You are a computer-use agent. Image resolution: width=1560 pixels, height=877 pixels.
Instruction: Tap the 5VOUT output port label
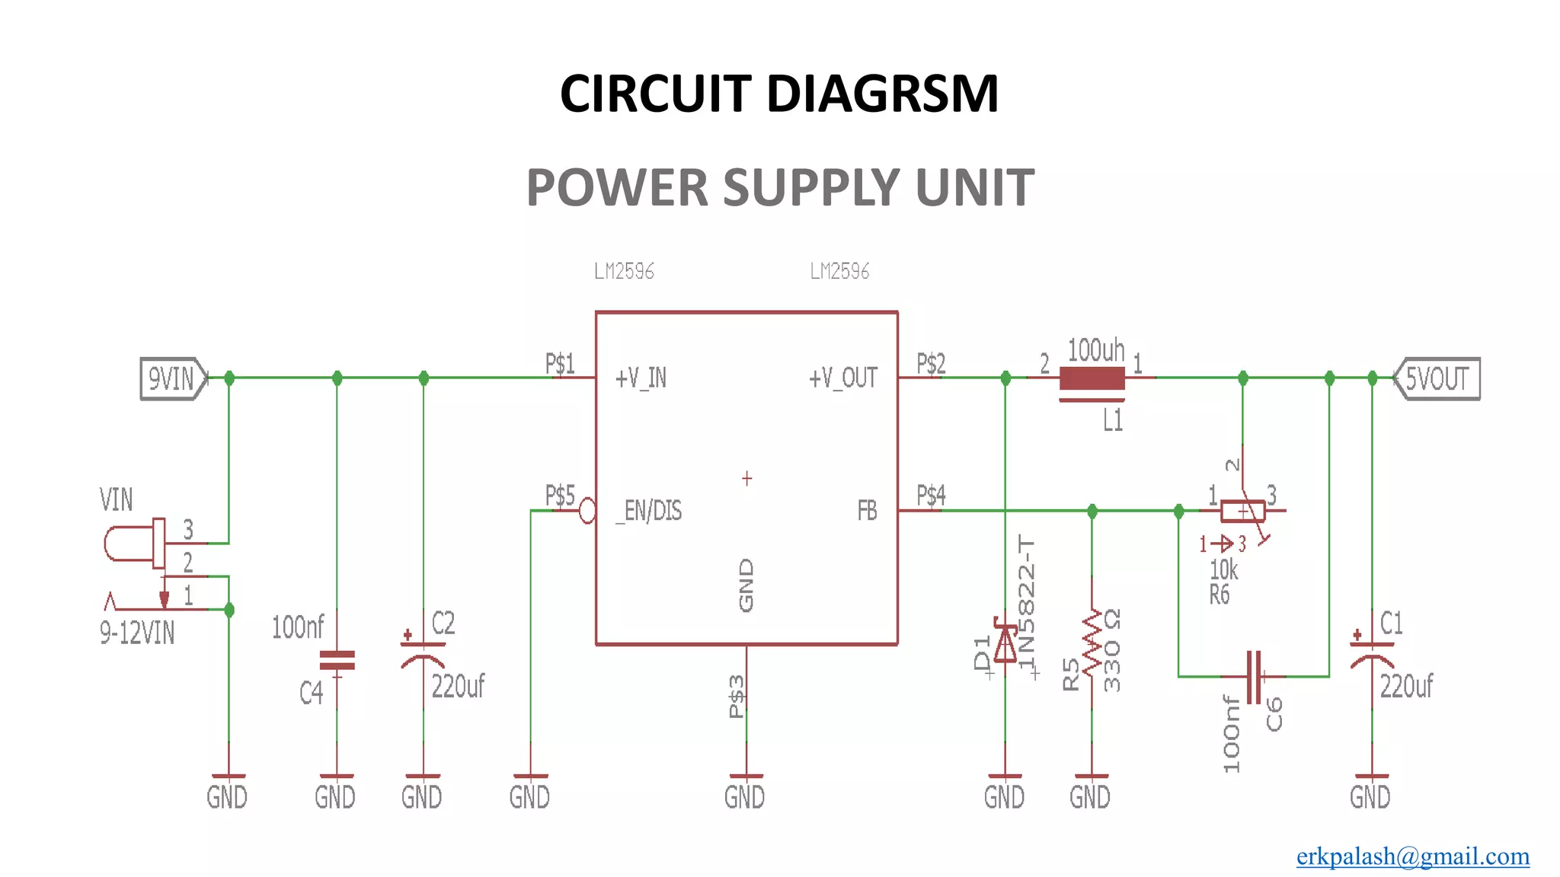point(1437,378)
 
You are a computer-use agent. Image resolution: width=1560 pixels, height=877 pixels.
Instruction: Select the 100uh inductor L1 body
point(1092,378)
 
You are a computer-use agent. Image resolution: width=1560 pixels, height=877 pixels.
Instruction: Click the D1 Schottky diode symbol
point(1005,644)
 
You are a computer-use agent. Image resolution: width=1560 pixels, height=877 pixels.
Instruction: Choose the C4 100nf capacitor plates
point(337,660)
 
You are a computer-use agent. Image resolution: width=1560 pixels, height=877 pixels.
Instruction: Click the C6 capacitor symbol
point(1254,676)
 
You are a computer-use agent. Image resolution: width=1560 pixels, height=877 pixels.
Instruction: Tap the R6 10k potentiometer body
point(1242,511)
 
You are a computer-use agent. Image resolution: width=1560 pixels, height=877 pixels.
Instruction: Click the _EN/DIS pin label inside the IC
point(650,511)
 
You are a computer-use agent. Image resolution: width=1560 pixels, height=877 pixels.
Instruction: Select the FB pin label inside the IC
point(867,511)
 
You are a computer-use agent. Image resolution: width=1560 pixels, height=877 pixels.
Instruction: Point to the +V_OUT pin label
point(842,378)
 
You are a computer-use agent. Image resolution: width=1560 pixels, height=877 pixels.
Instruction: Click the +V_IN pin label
point(641,378)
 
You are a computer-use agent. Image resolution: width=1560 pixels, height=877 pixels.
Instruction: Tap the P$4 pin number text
point(931,496)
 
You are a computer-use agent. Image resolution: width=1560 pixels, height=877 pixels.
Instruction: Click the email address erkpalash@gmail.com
point(1412,856)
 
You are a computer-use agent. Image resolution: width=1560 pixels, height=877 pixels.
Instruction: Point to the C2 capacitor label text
point(443,623)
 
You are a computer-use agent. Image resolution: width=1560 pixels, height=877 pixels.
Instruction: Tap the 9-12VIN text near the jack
point(137,633)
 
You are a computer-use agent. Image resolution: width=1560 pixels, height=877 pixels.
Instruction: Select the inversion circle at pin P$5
point(587,511)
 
